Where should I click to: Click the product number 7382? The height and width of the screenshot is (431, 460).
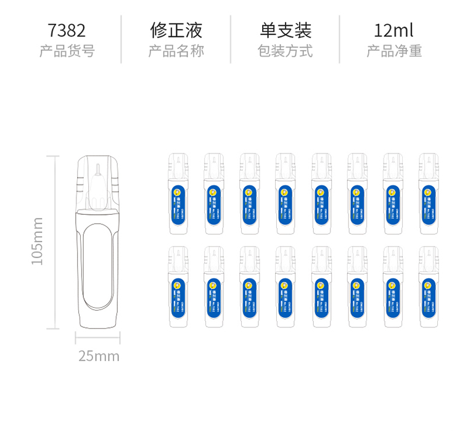tap(67, 30)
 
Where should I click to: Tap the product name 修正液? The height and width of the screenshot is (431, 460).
tap(176, 30)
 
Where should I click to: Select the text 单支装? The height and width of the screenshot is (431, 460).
tap(285, 30)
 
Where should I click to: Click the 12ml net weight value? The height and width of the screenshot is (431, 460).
tap(393, 30)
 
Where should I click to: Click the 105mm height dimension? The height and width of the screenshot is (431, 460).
tap(38, 240)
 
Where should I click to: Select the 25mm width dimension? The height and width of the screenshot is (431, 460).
tap(99, 356)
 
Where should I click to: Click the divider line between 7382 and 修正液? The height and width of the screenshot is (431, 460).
tap(121, 39)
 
